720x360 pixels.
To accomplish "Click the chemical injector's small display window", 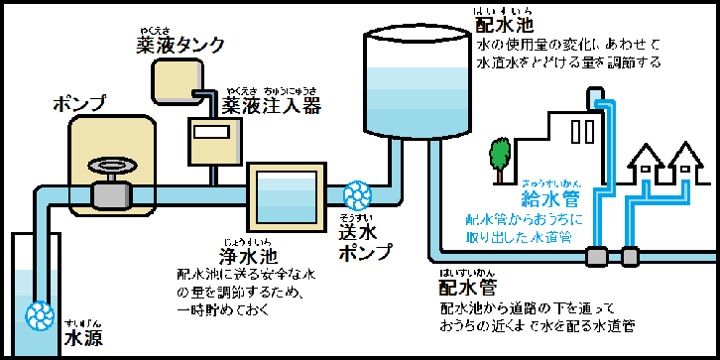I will click(209, 131).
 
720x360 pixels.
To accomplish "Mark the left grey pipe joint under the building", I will click(596, 256).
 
